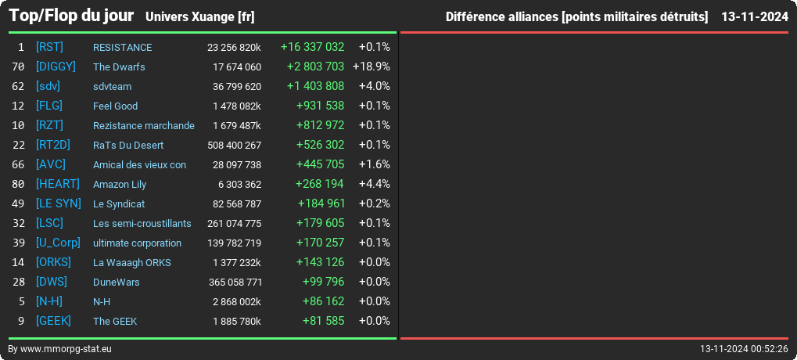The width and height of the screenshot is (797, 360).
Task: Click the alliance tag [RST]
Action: click(49, 47)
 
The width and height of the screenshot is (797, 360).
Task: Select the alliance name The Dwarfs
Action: click(119, 67)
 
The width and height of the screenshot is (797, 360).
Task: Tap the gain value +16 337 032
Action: click(313, 47)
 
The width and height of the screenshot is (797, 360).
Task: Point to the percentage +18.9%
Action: click(371, 67)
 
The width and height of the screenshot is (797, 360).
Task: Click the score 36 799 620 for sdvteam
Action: click(237, 86)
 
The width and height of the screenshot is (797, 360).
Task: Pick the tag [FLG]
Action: click(49, 106)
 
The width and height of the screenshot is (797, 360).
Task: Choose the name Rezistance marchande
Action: click(144, 125)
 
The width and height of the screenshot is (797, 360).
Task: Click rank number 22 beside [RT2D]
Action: click(18, 146)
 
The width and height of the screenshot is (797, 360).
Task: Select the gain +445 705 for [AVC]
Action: click(320, 164)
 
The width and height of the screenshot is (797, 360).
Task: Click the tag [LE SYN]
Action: click(59, 203)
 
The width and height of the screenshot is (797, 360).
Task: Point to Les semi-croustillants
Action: click(142, 224)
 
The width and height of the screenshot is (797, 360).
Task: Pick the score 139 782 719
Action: click(235, 243)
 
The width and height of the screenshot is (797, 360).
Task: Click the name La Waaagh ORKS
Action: click(132, 263)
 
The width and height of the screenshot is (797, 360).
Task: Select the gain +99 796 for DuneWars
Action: click(323, 282)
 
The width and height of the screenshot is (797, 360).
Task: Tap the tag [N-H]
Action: click(49, 301)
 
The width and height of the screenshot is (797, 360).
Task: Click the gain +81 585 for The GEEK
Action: click(323, 321)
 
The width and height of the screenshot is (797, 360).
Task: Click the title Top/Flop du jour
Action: click(71, 16)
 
